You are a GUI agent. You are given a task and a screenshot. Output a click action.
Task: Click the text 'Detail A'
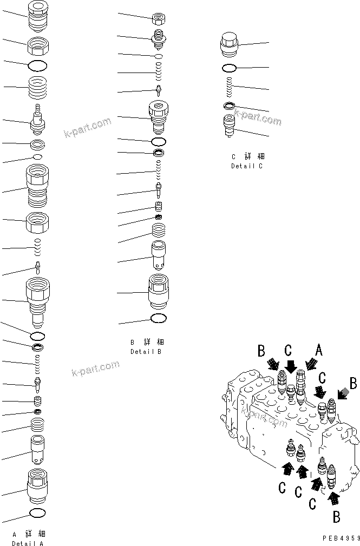coord(28,543)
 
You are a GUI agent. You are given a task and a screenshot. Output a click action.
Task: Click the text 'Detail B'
coord(146,351)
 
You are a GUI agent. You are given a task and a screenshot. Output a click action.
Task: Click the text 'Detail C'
coord(246,166)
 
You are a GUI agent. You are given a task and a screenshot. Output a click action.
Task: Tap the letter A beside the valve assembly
coord(319,351)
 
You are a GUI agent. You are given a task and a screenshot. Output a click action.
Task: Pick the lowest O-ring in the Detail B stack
coord(159,318)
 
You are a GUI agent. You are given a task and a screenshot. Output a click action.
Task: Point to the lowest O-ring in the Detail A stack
coord(37,512)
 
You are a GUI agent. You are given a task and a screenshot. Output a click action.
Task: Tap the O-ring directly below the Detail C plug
coord(229,68)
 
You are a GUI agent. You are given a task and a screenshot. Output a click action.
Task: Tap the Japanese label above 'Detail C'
coord(247,157)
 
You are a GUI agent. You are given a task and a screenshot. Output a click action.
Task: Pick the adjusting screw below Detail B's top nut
coord(159,38)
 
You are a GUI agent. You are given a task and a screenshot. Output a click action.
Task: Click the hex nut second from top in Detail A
coord(37,45)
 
